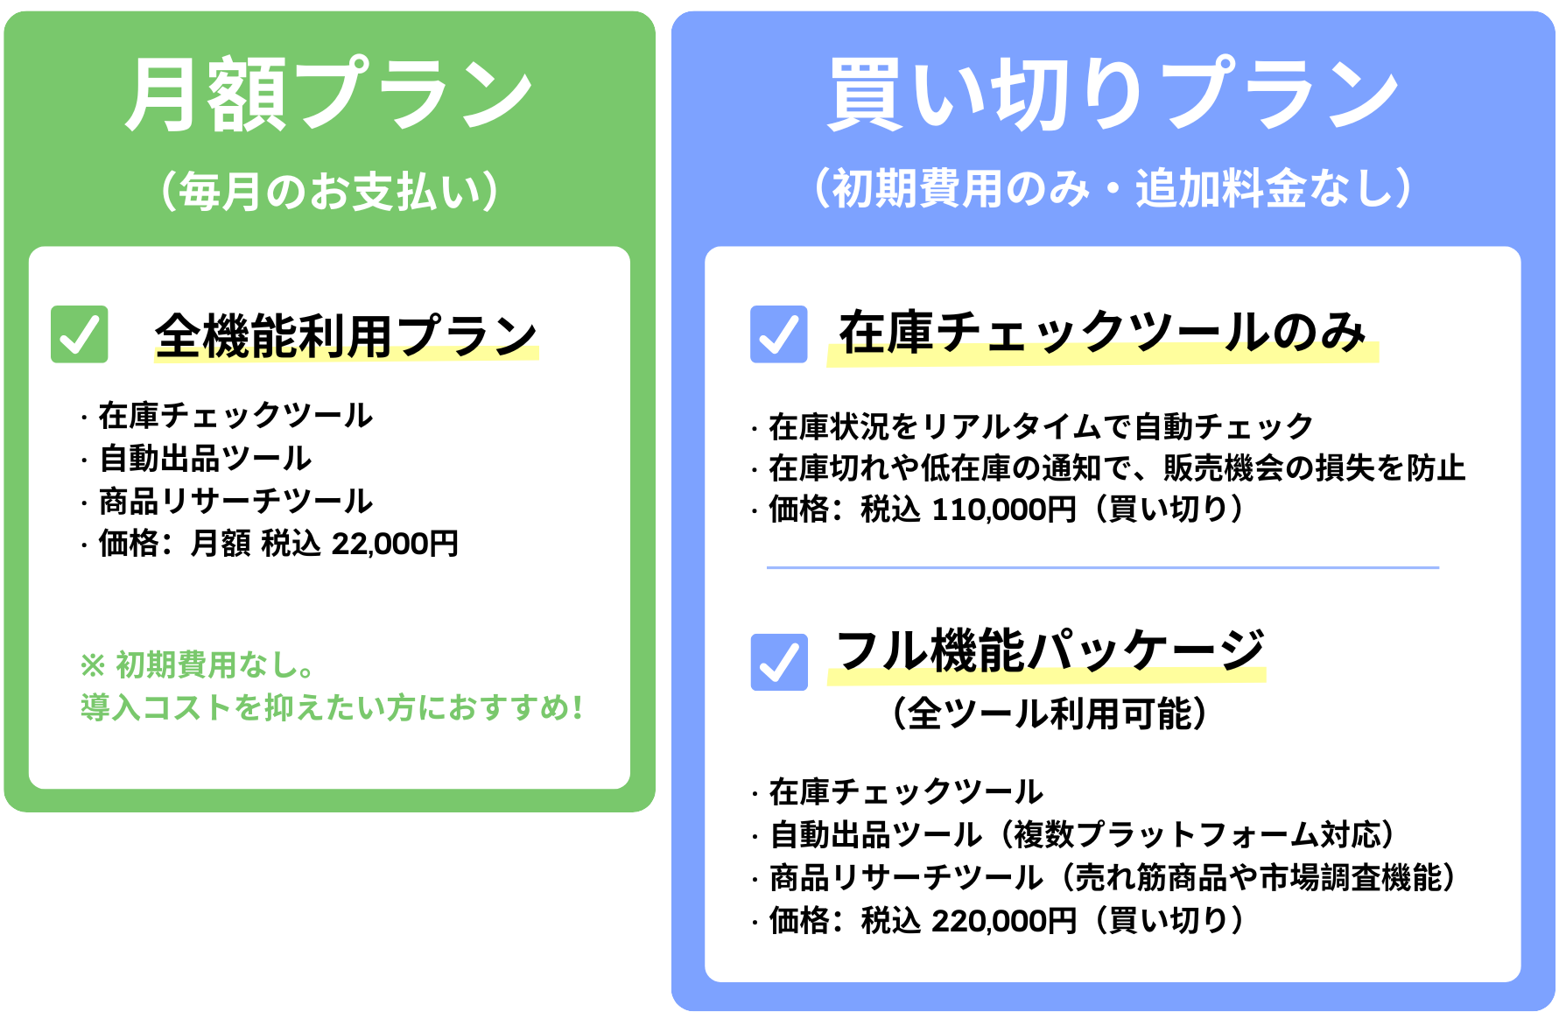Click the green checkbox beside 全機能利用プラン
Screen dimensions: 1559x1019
pos(80,334)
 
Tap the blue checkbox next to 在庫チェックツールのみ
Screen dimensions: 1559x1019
pos(779,334)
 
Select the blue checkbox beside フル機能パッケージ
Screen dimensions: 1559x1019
pos(779,662)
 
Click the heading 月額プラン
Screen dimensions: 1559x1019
pos(329,95)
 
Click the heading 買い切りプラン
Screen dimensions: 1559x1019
pos(1113,95)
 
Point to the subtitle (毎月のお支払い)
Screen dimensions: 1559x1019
pos(329,191)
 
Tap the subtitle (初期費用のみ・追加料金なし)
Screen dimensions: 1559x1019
pos(1113,188)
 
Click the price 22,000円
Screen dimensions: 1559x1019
pos(395,544)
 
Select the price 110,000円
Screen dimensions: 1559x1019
pos(1004,509)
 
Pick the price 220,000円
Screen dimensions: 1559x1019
pos(1004,921)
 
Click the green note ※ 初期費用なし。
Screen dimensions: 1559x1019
pos(198,665)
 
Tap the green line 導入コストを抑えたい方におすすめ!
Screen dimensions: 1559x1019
pos(332,707)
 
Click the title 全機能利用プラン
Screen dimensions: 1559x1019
pos(347,336)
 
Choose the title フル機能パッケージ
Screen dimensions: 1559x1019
pos(1050,651)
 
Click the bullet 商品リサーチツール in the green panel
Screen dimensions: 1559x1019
pos(235,502)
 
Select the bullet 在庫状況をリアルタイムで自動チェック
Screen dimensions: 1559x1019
pos(1042,427)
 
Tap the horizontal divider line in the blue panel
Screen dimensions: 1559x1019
pos(1103,567)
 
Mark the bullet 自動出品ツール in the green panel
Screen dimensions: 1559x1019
pos(206,459)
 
